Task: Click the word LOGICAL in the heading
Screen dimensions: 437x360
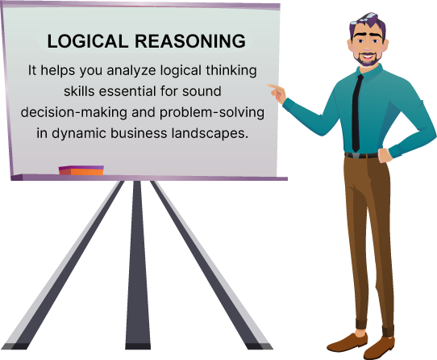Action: point(88,41)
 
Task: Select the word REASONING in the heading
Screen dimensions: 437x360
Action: point(190,41)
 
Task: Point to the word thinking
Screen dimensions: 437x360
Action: point(231,70)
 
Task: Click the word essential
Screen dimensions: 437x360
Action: point(127,91)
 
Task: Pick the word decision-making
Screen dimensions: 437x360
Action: point(74,112)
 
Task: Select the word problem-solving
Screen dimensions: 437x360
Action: point(212,112)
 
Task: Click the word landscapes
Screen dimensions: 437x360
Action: point(210,133)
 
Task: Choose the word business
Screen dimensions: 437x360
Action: point(139,133)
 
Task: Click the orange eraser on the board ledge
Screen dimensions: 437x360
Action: point(81,170)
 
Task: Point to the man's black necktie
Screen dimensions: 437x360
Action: point(356,113)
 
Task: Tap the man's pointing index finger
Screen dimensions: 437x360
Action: point(273,86)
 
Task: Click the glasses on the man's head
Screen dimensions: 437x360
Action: point(366,18)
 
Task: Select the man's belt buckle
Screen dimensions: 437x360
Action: point(356,156)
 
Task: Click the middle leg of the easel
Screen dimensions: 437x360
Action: point(138,265)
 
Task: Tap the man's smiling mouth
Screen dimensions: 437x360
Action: point(367,57)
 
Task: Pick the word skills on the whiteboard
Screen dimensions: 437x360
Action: point(79,91)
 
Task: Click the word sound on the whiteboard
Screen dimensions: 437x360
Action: point(202,91)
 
